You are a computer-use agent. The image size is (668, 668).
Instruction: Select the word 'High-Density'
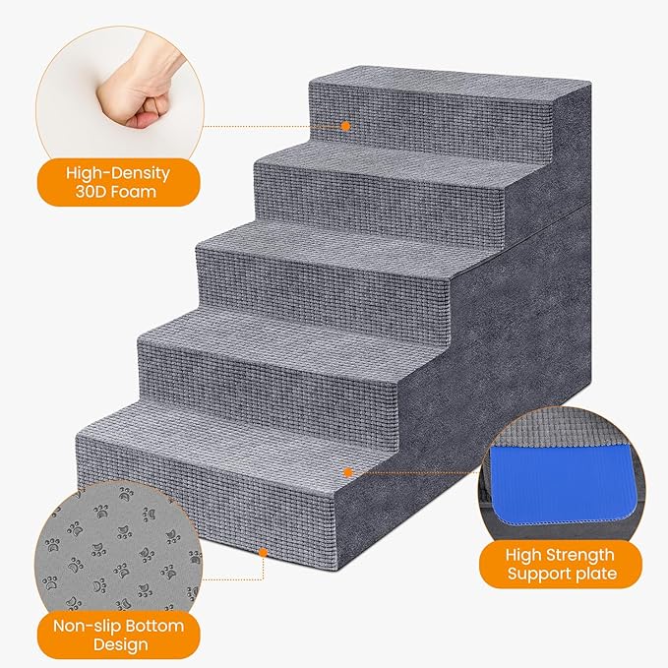coord(117,172)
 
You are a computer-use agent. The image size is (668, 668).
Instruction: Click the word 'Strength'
coord(580,554)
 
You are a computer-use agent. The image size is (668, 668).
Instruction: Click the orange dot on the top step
coord(345,126)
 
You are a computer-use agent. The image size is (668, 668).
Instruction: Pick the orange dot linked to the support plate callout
coord(346,472)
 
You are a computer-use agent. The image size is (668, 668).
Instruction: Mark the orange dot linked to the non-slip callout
coord(263,553)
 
